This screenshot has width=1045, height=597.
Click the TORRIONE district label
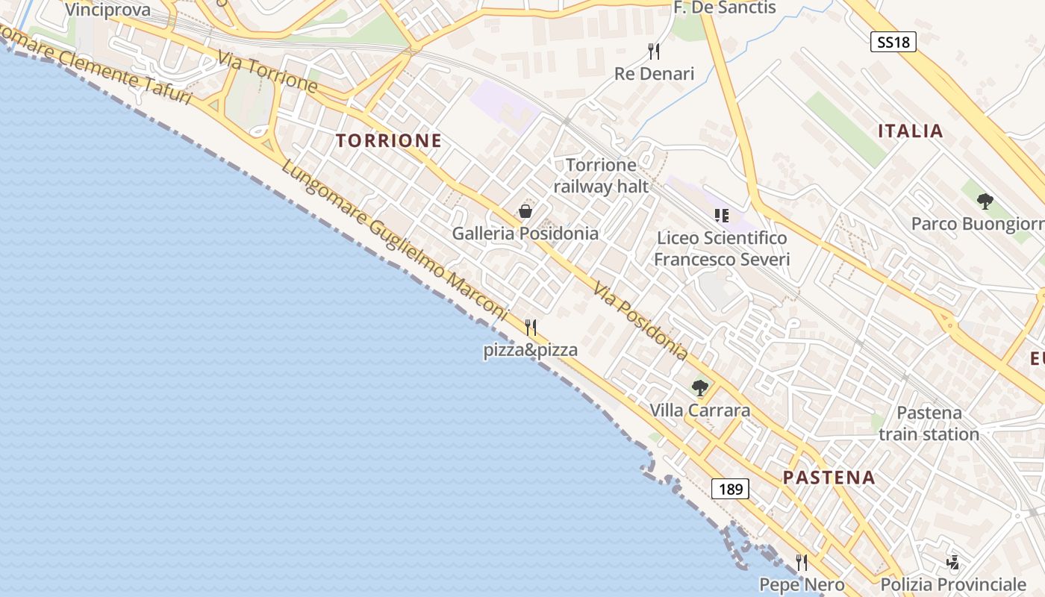[x=388, y=140]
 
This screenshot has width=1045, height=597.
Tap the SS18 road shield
[x=893, y=42]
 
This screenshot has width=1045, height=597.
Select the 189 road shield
[x=730, y=489]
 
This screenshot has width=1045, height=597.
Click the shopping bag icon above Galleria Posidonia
[x=525, y=211]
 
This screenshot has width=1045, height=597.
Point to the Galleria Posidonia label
[x=525, y=233]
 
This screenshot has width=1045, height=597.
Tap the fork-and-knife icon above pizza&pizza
[x=531, y=327]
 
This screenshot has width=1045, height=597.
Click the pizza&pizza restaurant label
[x=530, y=349]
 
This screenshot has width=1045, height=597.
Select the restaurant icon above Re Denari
[x=654, y=51]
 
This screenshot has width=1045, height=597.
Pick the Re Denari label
[x=654, y=73]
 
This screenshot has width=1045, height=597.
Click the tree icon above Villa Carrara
[x=699, y=387]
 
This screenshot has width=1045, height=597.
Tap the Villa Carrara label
[x=699, y=410]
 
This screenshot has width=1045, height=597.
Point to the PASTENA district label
[x=829, y=478]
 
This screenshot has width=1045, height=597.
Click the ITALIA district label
[x=910, y=131]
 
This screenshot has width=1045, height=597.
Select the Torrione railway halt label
[x=601, y=175]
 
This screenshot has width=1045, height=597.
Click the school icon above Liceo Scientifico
[x=721, y=216]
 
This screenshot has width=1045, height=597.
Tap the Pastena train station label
[x=929, y=423]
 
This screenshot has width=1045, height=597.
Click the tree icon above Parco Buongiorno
[x=985, y=201]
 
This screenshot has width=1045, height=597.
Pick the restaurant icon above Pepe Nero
[x=802, y=562]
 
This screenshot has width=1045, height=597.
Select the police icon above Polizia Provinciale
[x=952, y=562]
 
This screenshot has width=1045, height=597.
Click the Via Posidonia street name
[x=640, y=320]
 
